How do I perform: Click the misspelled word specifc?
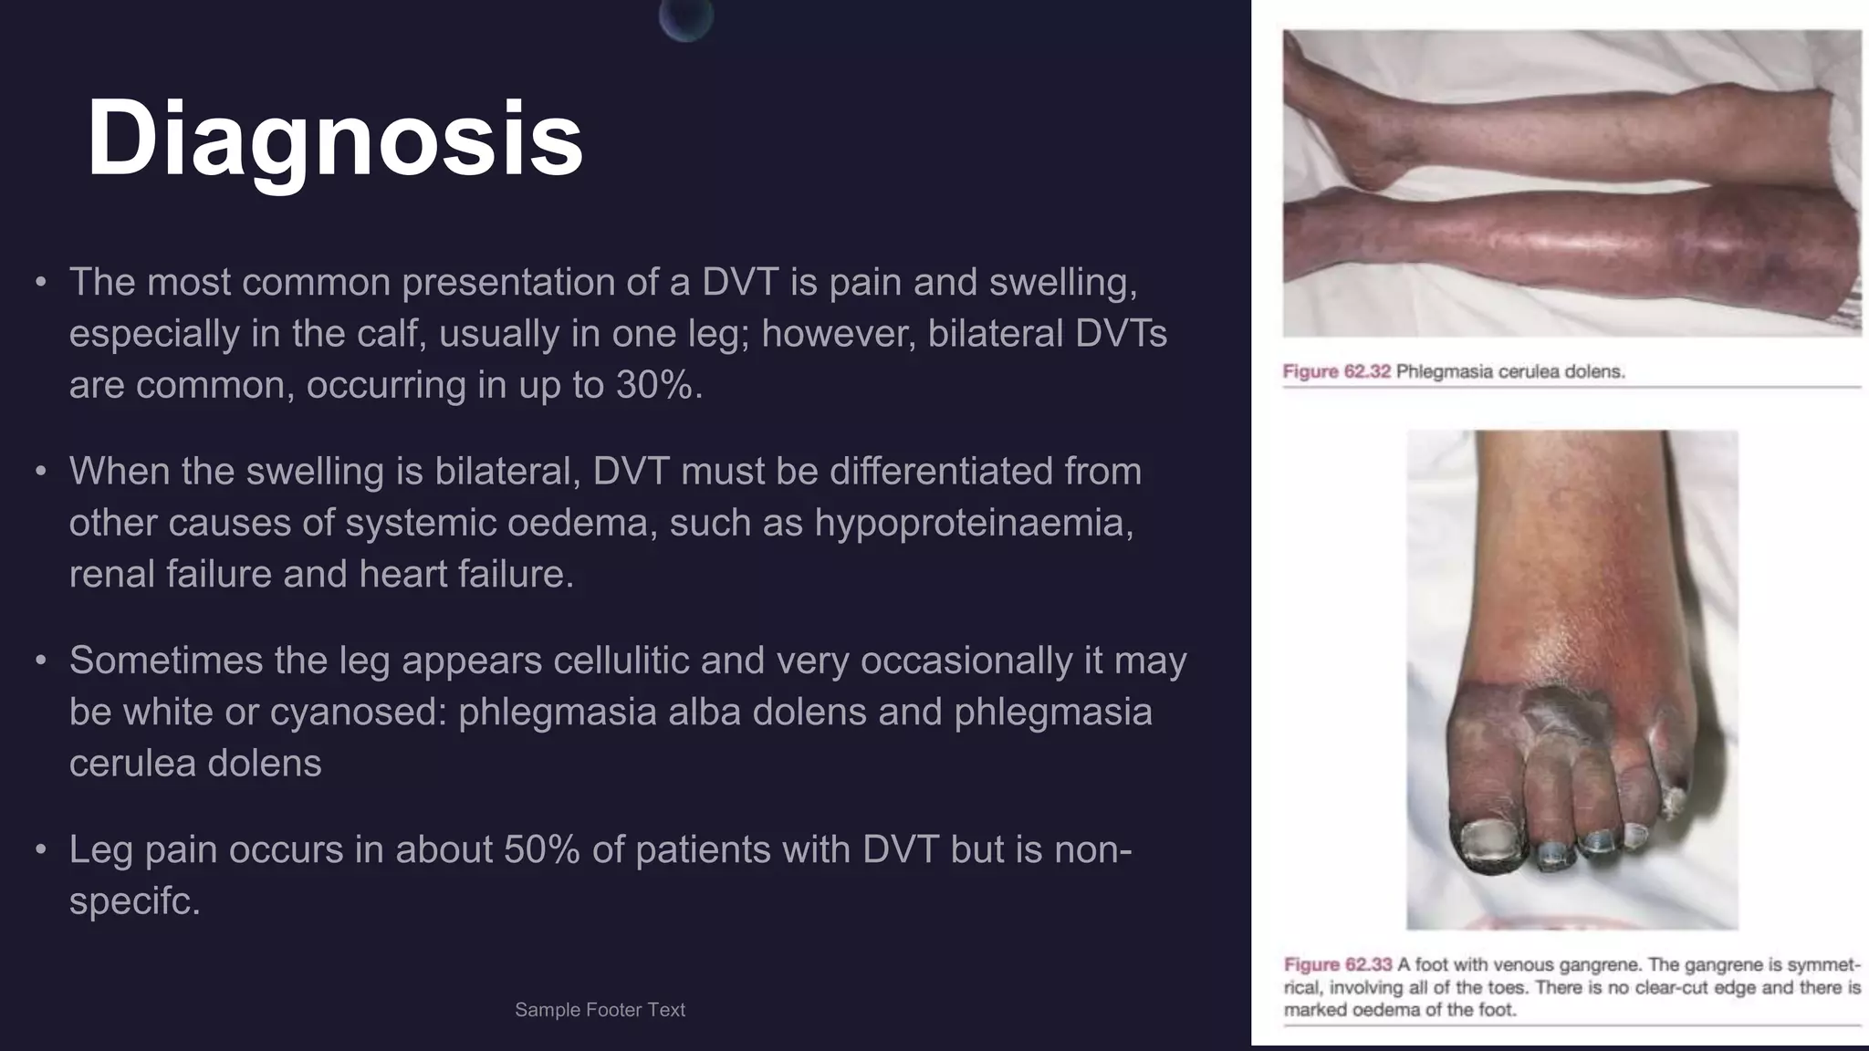coord(133,901)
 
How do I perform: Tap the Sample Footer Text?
coord(600,1010)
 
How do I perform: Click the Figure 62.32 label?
coord(1336,372)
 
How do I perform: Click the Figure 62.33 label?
coord(1337,965)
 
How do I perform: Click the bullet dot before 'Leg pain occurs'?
coord(40,850)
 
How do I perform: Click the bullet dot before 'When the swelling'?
coord(40,472)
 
